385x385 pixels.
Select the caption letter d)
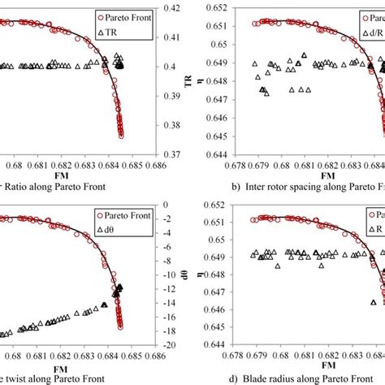(213, 379)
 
